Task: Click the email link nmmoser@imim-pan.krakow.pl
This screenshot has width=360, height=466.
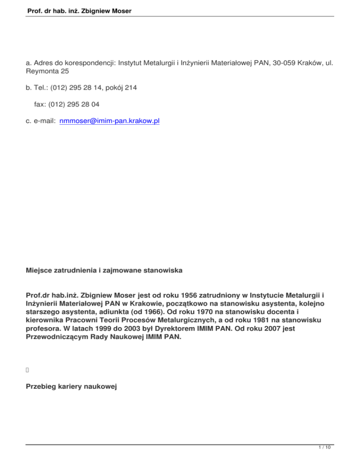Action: pos(110,121)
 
